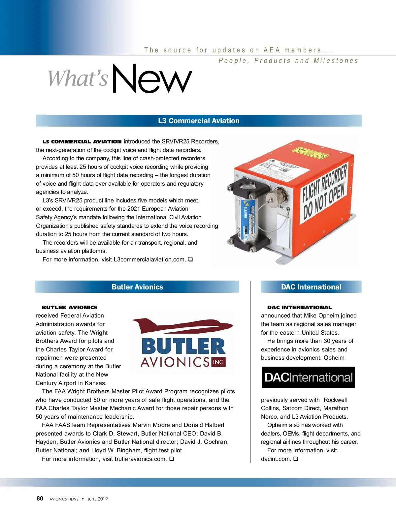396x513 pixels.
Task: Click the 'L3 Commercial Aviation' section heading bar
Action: [x=199, y=121]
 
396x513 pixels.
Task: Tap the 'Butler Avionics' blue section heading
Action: [x=137, y=287]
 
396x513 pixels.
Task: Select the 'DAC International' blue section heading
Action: [x=311, y=287]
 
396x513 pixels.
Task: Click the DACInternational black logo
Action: [x=308, y=377]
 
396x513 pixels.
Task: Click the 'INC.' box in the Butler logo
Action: [x=218, y=362]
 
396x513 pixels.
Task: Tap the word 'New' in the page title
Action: [x=152, y=79]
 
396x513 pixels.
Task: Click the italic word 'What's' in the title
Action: [x=78, y=78]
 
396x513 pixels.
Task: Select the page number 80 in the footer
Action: [x=40, y=498]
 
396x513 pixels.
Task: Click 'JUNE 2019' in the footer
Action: [x=98, y=499]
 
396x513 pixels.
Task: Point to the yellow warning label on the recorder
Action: [x=307, y=152]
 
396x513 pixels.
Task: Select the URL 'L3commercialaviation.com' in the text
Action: [x=149, y=259]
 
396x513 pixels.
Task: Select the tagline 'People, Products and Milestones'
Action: [x=288, y=61]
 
